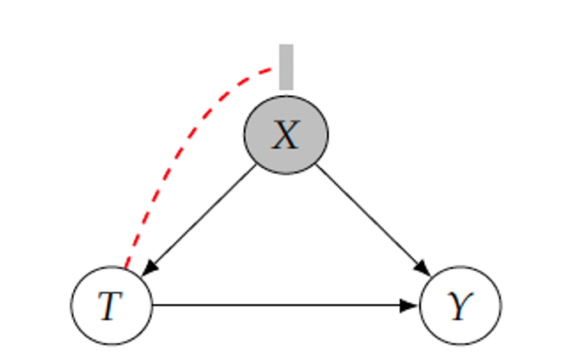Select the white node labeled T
coord(111,306)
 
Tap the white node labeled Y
coord(461,306)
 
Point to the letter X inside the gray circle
coord(286,134)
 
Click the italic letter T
coord(110,306)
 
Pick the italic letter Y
coord(460,306)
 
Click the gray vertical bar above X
coord(286,66)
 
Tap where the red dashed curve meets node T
coord(126,267)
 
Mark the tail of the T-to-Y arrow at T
coord(154,306)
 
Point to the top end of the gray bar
coord(286,46)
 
